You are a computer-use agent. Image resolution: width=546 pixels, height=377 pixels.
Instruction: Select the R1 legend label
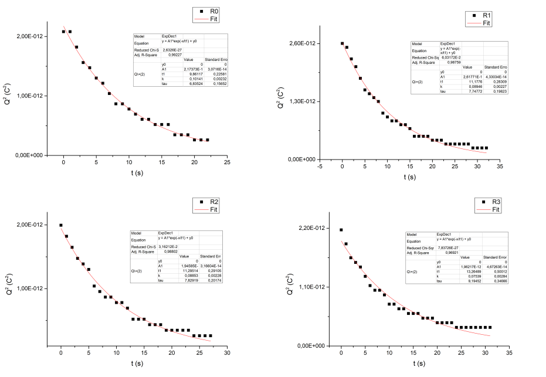tap(486, 15)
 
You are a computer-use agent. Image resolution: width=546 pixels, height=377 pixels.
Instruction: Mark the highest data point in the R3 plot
tap(341, 230)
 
